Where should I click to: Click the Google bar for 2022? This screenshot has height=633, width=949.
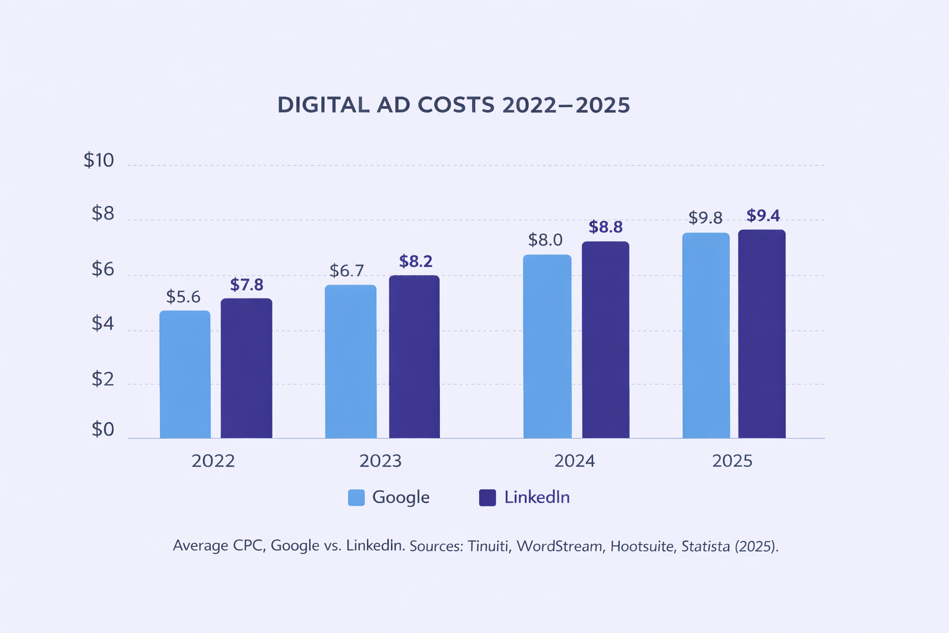coord(185,374)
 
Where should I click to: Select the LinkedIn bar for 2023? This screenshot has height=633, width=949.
coord(414,357)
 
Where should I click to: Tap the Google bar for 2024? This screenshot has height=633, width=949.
coord(547,346)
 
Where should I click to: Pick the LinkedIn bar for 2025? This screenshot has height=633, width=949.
coord(762,334)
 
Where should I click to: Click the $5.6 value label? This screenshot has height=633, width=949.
coord(183,297)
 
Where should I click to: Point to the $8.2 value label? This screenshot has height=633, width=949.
coord(416,261)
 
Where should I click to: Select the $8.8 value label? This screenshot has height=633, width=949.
coord(605,227)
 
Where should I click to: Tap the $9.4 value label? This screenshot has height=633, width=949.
coord(763,216)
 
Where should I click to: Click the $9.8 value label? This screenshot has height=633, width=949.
coord(706,218)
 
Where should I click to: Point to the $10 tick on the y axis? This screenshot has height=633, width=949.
coord(99,161)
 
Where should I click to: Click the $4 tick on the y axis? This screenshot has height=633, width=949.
coord(103,323)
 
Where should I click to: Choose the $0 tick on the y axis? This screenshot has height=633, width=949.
coord(103,430)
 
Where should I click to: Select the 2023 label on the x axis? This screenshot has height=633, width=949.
coord(381,461)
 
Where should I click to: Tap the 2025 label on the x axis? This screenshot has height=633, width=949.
coord(732,461)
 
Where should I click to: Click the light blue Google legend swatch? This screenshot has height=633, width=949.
coord(356,498)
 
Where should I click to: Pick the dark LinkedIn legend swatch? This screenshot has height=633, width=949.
coord(487,498)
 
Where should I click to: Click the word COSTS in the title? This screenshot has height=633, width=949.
coord(457,105)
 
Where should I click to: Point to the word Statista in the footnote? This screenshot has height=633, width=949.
coord(706,546)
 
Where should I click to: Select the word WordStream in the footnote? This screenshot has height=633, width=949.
coord(559,546)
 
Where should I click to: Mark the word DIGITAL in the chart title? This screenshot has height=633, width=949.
coord(323,105)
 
